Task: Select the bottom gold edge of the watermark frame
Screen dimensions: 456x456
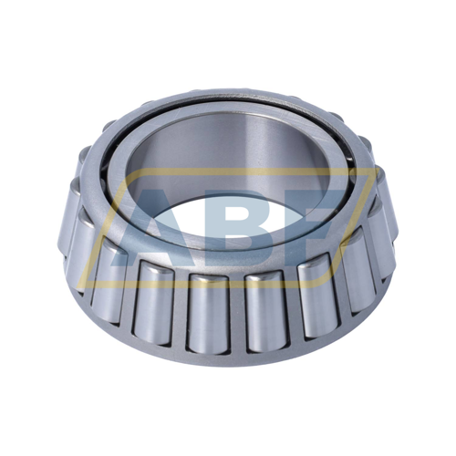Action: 207,284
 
